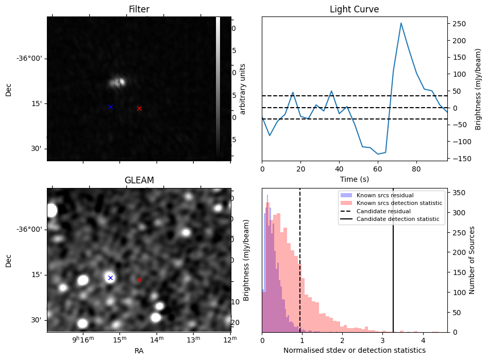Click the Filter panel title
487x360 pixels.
tap(138, 9)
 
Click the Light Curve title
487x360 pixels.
tap(354, 9)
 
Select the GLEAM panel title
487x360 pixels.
tap(139, 180)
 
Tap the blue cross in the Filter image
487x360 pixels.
tap(110, 107)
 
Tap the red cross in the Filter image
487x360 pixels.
tap(139, 108)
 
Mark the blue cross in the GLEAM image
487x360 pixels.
tap(110, 278)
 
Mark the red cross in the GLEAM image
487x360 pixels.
tap(139, 280)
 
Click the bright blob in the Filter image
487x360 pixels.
tap(119, 81)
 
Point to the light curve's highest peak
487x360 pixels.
tap(401, 23)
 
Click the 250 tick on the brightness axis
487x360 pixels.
tap(458, 24)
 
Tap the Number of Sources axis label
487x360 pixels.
tap(472, 260)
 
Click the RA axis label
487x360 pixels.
tap(139, 351)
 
